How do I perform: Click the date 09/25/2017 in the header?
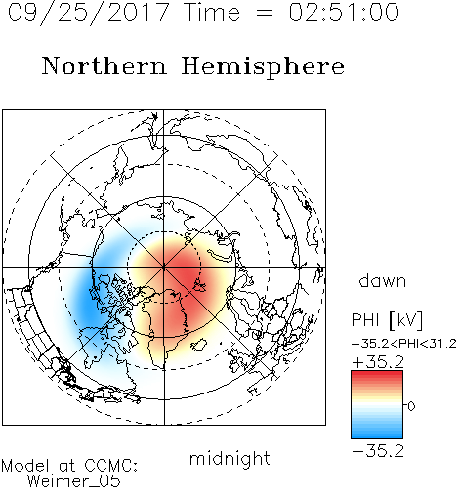coord(89,13)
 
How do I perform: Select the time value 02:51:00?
coord(344,12)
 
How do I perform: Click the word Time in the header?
coord(212,12)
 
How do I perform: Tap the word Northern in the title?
coord(104,65)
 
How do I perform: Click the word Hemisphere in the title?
coord(263,67)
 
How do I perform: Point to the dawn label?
coord(383,280)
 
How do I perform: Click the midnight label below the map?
coord(229,458)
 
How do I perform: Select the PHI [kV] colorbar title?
coord(387,320)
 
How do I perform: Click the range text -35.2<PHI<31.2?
coord(404,344)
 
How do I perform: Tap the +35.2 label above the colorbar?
coord(378,362)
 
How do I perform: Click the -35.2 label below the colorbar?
coord(378,451)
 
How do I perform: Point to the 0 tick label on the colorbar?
coord(411,406)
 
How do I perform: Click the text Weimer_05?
coord(74,481)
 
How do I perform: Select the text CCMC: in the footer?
coord(110,466)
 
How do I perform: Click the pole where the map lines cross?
coord(164,268)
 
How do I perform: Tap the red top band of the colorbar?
coord(377,374)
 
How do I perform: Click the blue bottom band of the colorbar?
coord(377,435)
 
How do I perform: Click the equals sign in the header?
coord(265,14)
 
